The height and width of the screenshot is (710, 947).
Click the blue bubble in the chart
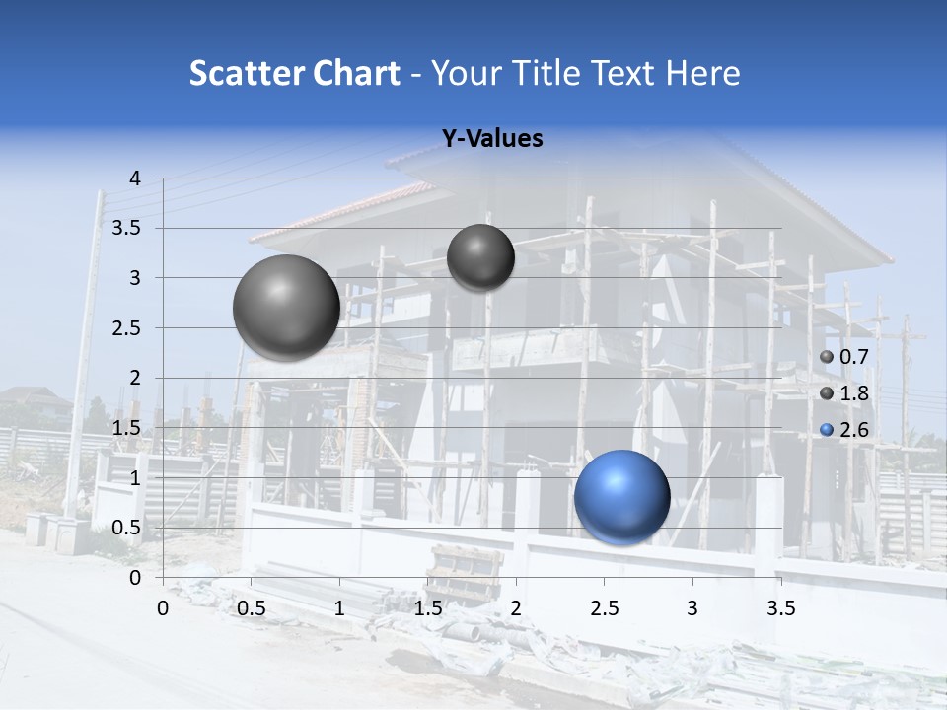pyautogui.click(x=621, y=497)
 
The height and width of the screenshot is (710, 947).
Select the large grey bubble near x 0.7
pyautogui.click(x=286, y=308)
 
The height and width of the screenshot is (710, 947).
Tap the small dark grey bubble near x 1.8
pyautogui.click(x=480, y=257)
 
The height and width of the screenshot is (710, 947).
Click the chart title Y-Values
pyautogui.click(x=491, y=139)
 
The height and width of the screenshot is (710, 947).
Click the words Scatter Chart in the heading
pyautogui.click(x=294, y=73)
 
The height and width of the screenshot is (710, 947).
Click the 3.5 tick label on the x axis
pyautogui.click(x=780, y=607)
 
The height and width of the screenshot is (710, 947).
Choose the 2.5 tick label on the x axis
pyautogui.click(x=604, y=607)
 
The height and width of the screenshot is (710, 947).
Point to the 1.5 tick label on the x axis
pyautogui.click(x=427, y=607)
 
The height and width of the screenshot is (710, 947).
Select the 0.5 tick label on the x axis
pyautogui.click(x=251, y=607)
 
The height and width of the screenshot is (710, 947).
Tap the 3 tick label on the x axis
pyautogui.click(x=692, y=607)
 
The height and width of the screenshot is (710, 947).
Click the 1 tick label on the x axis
pyautogui.click(x=339, y=607)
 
